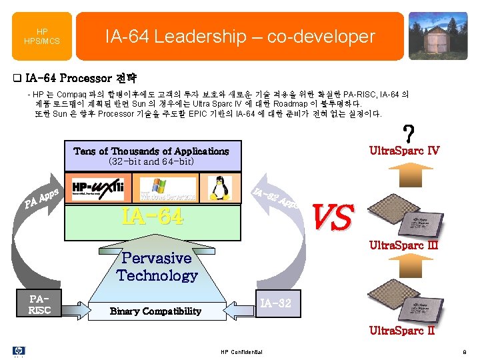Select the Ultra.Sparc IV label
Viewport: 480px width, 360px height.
click(405, 151)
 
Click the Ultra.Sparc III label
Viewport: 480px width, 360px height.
click(404, 245)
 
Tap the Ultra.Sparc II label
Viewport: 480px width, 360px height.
click(403, 331)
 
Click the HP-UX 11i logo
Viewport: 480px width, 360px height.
click(99, 187)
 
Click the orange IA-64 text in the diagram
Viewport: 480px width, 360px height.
click(151, 216)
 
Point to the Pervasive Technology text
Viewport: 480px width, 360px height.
click(157, 267)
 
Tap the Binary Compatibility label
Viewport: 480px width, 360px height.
click(155, 311)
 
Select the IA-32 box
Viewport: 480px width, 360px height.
click(274, 304)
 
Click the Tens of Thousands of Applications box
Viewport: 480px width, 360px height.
click(151, 156)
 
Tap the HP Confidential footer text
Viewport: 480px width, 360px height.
click(241, 352)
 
